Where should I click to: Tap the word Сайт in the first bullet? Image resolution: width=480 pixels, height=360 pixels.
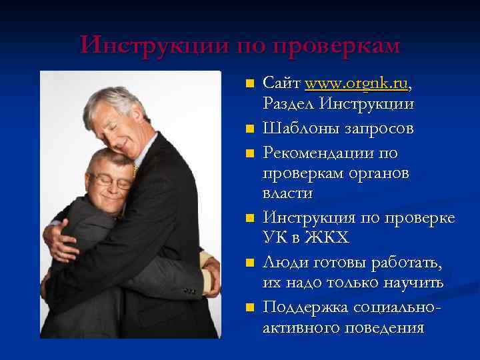[281, 84]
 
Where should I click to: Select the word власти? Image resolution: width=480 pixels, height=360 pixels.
[288, 193]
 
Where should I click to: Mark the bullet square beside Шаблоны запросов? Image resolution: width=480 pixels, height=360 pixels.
[249, 129]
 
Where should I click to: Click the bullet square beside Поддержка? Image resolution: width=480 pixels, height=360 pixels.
[249, 307]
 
